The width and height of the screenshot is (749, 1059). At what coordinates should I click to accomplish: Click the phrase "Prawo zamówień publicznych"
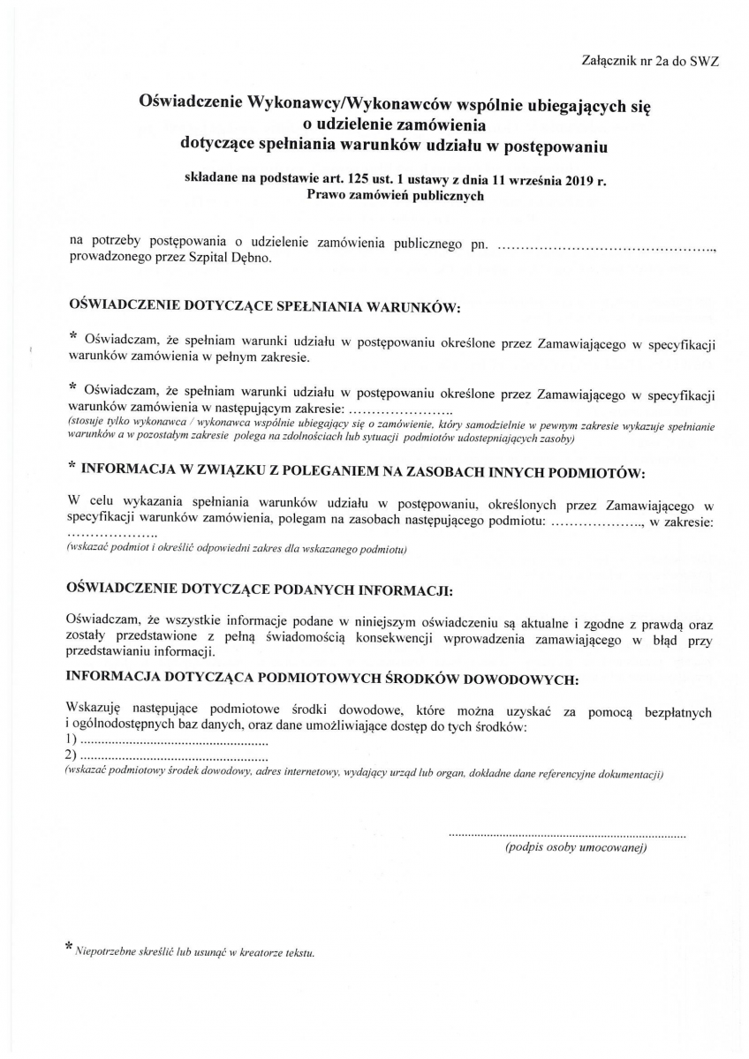(x=396, y=197)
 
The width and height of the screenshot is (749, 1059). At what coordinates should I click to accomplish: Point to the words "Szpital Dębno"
(x=238, y=259)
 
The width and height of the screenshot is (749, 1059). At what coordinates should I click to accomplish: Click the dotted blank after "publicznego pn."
(x=607, y=244)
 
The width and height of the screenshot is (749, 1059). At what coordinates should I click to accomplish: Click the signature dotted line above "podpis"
(x=566, y=834)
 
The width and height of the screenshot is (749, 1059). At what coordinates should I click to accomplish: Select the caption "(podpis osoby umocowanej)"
(x=576, y=848)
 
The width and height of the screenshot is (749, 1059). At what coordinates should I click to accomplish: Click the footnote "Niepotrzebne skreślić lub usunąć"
(x=195, y=953)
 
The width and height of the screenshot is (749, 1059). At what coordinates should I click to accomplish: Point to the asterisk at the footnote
(x=70, y=947)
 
